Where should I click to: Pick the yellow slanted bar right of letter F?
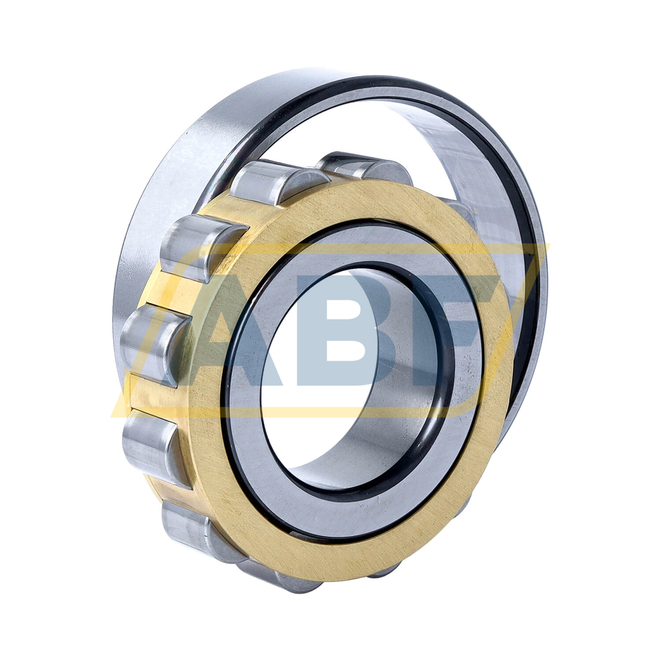pyautogui.click(x=507, y=330)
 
